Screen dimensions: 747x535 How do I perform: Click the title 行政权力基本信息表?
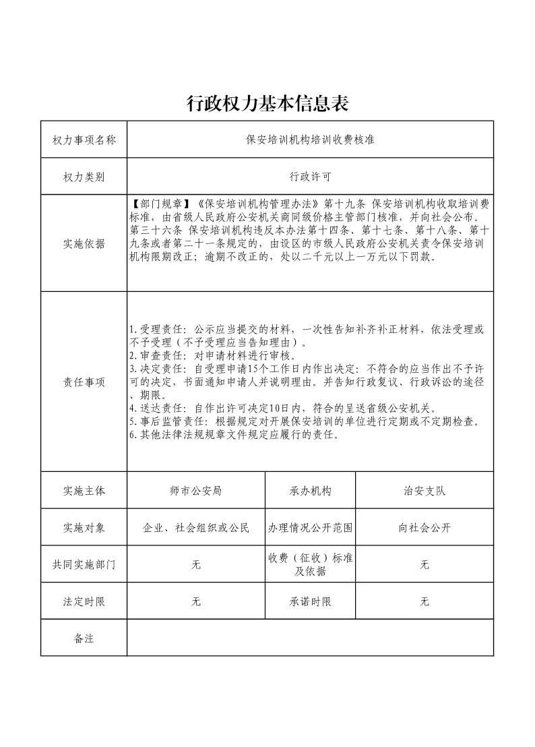pyautogui.click(x=267, y=103)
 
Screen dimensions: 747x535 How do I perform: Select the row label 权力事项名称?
pyautogui.click(x=84, y=140)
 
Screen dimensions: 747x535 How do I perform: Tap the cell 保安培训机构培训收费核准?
pyautogui.click(x=310, y=140)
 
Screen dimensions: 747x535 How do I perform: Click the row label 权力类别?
pyautogui.click(x=84, y=177)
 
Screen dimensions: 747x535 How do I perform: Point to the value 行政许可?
pyautogui.click(x=310, y=177)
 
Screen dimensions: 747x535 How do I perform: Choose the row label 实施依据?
pyautogui.click(x=84, y=244)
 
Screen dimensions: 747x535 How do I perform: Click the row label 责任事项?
pyautogui.click(x=84, y=382)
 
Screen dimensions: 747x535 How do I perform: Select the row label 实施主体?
pyautogui.click(x=84, y=491)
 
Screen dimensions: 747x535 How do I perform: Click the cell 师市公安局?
pyautogui.click(x=196, y=491)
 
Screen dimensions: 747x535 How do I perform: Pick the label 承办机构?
pyautogui.click(x=310, y=491)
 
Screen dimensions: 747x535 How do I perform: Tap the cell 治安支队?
pyautogui.click(x=424, y=491)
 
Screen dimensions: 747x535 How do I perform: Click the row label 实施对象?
pyautogui.click(x=84, y=528)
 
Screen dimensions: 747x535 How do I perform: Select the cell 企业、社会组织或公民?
pyautogui.click(x=196, y=528)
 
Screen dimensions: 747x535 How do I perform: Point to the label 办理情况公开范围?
pyautogui.click(x=310, y=528)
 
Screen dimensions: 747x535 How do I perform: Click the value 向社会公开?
pyautogui.click(x=424, y=528)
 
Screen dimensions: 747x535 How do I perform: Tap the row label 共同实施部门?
pyautogui.click(x=84, y=565)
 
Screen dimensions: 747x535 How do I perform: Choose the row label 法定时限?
pyautogui.click(x=84, y=601)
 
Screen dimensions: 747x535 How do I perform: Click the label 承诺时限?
pyautogui.click(x=310, y=601)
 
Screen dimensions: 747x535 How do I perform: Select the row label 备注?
pyautogui.click(x=84, y=638)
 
